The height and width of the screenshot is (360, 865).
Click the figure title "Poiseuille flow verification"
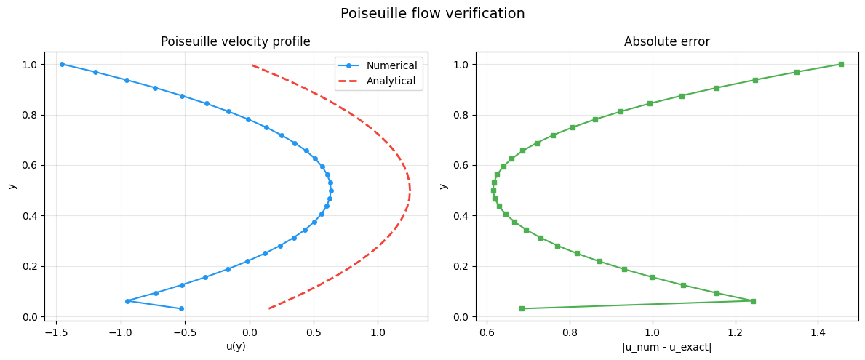tap(432, 13)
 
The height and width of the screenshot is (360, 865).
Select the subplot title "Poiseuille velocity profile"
tap(236, 42)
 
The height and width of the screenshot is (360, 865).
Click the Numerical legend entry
tap(380, 65)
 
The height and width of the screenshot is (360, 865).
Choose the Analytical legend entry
tap(380, 81)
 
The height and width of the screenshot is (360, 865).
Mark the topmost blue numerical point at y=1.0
tap(62, 65)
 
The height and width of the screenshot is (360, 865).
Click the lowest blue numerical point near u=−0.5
tap(181, 309)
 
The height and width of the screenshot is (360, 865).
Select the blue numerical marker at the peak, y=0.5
tap(331, 191)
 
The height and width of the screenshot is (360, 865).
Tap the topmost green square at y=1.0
tap(841, 65)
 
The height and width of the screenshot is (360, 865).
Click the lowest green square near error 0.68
tap(522, 309)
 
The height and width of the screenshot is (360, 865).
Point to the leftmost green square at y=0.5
tap(493, 191)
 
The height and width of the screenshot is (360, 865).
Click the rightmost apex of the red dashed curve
tap(410, 191)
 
